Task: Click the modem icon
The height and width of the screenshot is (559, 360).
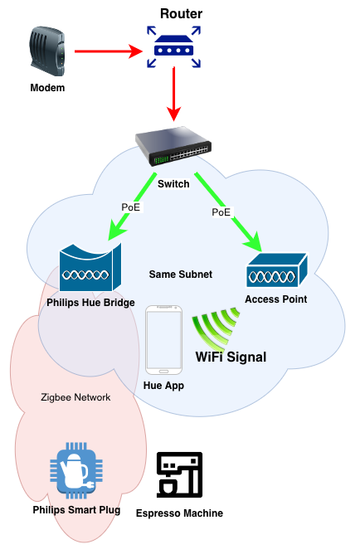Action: tap(47, 51)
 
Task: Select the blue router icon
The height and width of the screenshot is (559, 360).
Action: tap(173, 46)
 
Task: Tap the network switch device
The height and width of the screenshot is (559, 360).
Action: tap(173, 146)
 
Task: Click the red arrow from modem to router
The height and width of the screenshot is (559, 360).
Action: tap(109, 51)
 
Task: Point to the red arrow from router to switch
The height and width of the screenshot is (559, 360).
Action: tap(174, 94)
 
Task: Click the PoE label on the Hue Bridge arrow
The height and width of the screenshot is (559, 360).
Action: tap(131, 207)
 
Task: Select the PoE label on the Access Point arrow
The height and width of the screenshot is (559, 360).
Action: tap(221, 212)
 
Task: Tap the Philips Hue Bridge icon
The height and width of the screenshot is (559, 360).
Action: tap(90, 267)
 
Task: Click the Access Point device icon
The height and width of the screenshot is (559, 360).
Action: tap(277, 270)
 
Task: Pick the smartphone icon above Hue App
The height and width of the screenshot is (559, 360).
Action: tap(164, 340)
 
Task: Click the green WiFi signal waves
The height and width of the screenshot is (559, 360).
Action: tap(215, 328)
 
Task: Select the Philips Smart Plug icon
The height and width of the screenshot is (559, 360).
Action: tap(76, 470)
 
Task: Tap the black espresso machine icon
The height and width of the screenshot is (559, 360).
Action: tap(180, 474)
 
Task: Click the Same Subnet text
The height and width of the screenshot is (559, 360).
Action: tap(180, 275)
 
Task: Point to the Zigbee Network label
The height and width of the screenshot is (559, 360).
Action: tap(75, 397)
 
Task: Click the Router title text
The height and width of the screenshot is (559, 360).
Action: tap(181, 13)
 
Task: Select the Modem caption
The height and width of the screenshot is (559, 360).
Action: tap(47, 88)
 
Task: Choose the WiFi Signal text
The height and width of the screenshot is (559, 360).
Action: tap(231, 357)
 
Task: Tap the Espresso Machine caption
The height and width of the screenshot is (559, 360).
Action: tap(179, 513)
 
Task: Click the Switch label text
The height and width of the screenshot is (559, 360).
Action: tap(173, 184)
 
